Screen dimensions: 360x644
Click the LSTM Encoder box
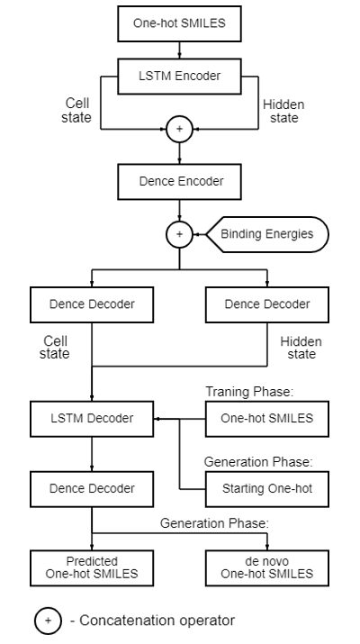coord(179,77)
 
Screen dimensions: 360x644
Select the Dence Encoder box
coord(179,182)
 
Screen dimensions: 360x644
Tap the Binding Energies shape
coord(266,234)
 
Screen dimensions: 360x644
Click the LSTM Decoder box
coord(92,419)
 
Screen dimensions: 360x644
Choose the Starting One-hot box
coord(266,489)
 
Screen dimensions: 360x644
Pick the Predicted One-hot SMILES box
coord(92,568)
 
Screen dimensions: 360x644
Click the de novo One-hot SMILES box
coord(266,568)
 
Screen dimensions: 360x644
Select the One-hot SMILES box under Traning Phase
coord(266,419)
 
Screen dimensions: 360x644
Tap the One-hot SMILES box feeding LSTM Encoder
coord(179,23)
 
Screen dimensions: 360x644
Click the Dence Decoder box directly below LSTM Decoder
coord(92,489)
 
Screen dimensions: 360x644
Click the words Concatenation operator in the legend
coord(157,621)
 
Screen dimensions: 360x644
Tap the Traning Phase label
coord(249,392)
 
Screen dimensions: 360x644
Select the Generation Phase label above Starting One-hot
coord(258,462)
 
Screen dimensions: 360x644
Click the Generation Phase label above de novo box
coord(214,523)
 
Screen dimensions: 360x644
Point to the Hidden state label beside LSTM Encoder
coord(283,112)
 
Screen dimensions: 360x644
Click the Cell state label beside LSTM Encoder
coord(76,110)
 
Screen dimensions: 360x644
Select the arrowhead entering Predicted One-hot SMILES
coord(92,547)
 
